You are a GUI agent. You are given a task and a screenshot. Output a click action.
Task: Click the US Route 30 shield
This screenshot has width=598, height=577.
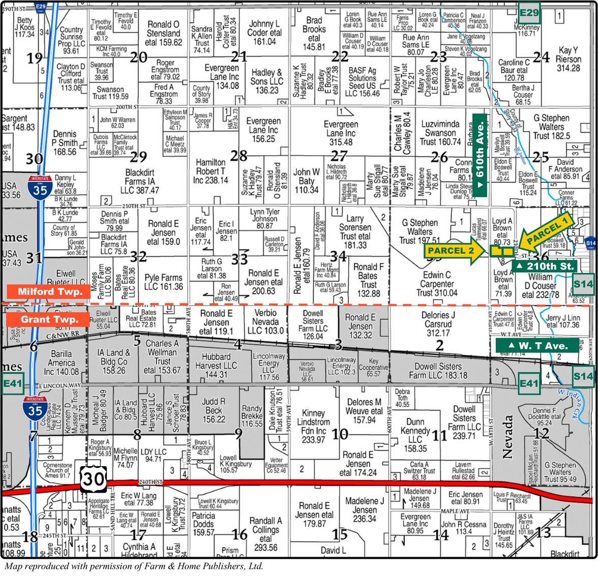pos(93,479)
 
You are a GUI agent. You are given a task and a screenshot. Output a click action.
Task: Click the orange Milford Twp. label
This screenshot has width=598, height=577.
pos(49,291)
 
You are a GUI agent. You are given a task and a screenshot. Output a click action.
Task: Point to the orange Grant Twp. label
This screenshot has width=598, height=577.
pos(49,319)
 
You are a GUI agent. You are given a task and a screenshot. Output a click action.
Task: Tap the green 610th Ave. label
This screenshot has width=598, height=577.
pos(480,155)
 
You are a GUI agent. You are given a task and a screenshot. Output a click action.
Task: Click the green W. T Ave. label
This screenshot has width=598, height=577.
pos(537,346)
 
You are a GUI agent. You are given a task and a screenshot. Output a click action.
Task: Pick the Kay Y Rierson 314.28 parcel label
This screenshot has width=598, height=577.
pos(568,59)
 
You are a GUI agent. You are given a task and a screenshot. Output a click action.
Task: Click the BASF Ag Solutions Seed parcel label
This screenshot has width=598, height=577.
pos(362,82)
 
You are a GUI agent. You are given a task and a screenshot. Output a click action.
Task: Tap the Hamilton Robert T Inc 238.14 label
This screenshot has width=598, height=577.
pos(211,171)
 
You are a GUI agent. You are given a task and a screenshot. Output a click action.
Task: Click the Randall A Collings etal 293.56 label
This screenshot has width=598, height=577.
pos(265,534)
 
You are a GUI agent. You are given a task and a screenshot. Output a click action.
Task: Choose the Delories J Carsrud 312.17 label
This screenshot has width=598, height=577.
pos(438,324)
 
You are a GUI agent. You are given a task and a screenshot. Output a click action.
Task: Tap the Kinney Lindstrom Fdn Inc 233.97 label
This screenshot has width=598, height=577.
pos(313,427)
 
